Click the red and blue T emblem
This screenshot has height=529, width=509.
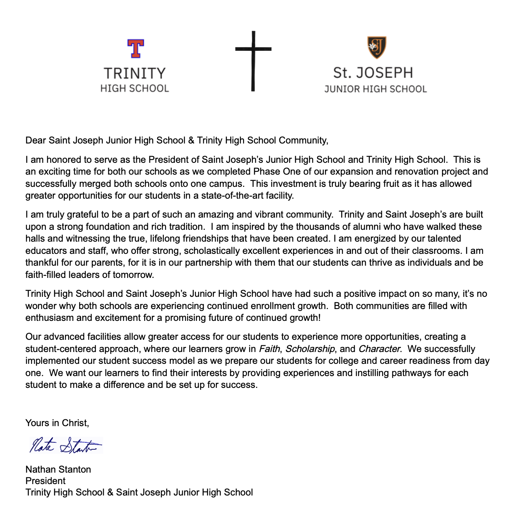[136, 48]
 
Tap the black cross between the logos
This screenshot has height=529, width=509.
[253, 61]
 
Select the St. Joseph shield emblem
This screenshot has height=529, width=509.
[377, 47]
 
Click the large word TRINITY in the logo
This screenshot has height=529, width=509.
[135, 74]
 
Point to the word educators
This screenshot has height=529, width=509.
[45, 251]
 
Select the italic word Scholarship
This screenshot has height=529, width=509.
[310, 349]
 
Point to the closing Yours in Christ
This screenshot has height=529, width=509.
[57, 423]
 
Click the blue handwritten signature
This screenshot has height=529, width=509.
[65, 445]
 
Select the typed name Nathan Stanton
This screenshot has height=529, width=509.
[58, 469]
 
